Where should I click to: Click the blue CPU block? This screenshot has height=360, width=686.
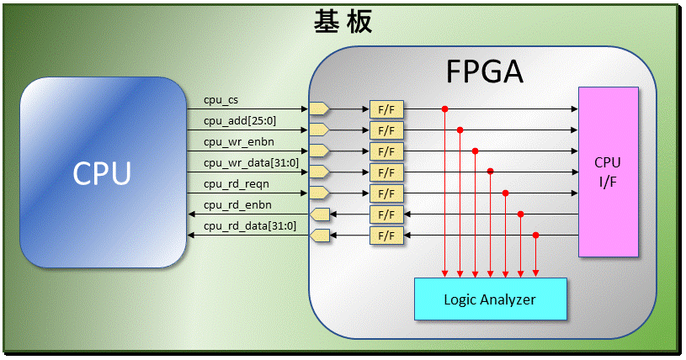[104, 172]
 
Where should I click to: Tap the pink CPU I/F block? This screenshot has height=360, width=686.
[608, 172]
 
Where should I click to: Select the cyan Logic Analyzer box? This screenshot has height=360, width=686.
[491, 299]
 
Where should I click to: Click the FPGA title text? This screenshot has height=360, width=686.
[484, 71]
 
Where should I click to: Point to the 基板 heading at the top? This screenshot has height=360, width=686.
[343, 21]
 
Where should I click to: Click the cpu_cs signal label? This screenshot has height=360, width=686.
[221, 100]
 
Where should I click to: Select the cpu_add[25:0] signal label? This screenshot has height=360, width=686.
[240, 121]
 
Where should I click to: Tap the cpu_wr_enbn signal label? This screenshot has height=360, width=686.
[239, 142]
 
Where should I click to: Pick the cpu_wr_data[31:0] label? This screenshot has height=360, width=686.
[251, 163]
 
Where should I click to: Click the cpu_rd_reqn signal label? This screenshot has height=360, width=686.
[237, 184]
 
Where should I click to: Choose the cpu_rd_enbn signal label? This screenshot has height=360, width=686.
[237, 205]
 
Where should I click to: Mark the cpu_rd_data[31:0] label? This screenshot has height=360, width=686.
[250, 226]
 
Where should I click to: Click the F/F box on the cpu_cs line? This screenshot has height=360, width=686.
[386, 109]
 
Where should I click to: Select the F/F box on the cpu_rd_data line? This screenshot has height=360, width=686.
[386, 236]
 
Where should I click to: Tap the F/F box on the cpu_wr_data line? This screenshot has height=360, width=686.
[386, 172]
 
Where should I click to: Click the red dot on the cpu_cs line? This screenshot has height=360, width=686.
[445, 109]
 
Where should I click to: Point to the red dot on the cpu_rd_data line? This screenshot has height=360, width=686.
[535, 235]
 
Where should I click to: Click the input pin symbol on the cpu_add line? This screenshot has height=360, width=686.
[319, 130]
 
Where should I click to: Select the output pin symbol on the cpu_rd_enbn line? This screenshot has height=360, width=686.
[320, 214]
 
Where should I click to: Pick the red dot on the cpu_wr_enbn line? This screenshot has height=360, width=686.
[475, 151]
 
